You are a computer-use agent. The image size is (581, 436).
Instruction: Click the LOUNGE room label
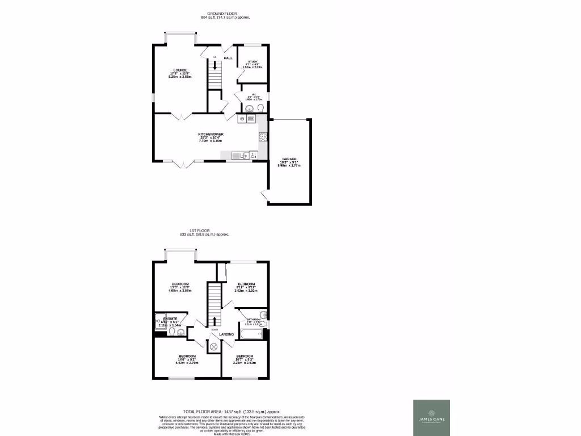tap(180, 70)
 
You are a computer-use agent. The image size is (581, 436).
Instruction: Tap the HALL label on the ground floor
tap(228, 58)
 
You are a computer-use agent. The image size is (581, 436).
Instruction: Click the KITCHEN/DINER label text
tap(210, 134)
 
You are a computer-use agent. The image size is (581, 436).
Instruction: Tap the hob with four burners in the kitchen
tap(263, 136)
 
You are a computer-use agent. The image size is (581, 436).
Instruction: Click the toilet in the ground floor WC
tap(260, 108)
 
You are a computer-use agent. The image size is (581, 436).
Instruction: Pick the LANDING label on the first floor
tap(226, 334)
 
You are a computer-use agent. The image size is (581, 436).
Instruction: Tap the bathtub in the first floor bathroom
tap(250, 334)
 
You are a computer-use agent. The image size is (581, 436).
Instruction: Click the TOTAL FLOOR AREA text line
tap(231, 412)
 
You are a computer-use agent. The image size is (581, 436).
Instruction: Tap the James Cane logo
tap(431, 418)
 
